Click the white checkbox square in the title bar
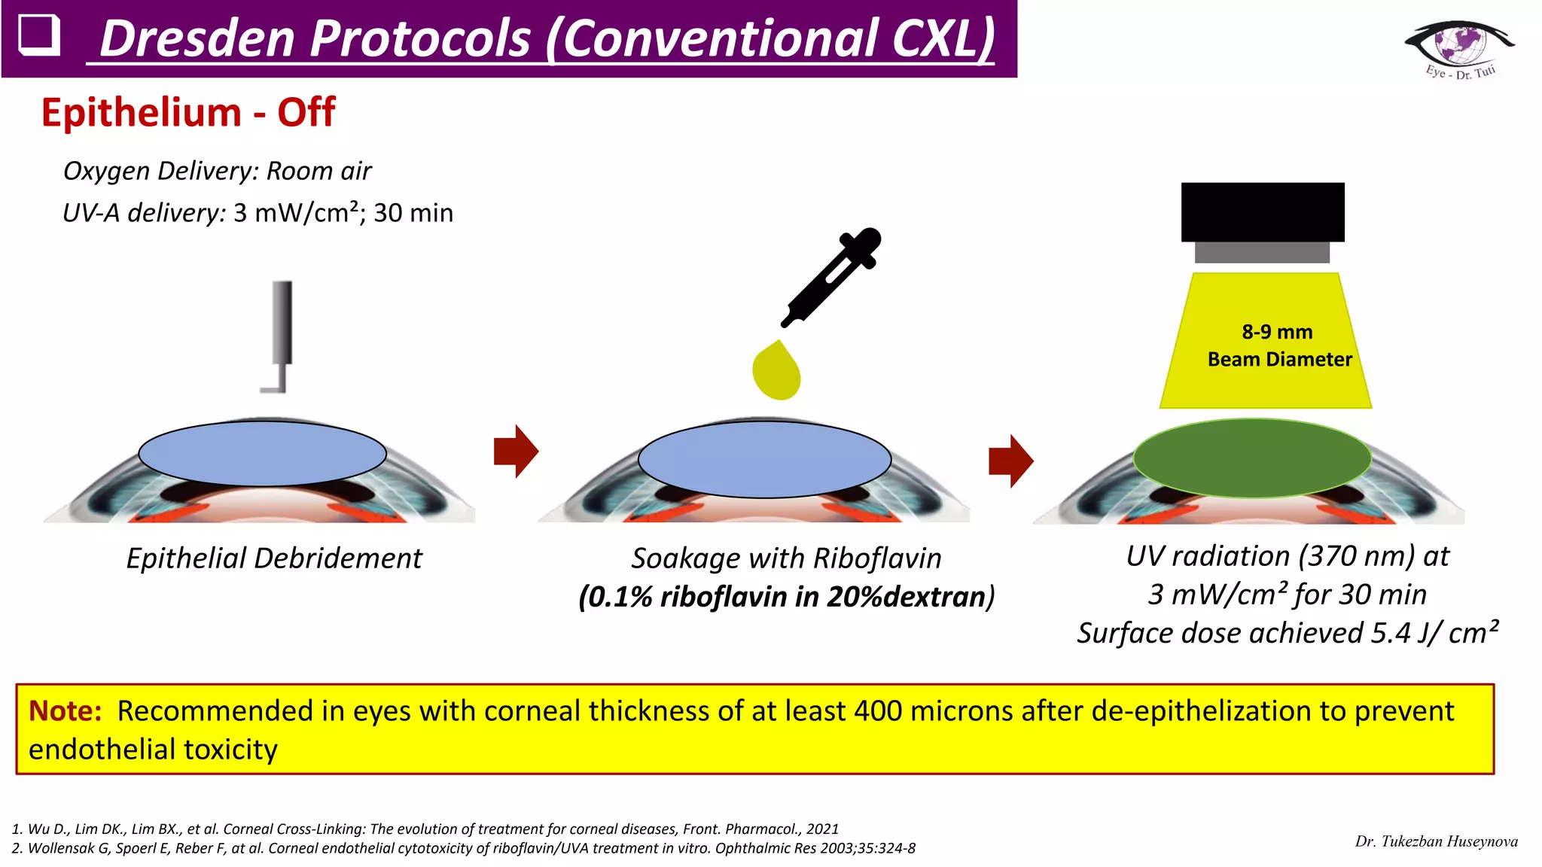[38, 35]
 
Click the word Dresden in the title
[199, 39]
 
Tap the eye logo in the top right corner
[1459, 47]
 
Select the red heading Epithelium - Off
[187, 113]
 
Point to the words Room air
[319, 172]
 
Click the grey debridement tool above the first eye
[281, 331]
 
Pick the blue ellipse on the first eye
[262, 453]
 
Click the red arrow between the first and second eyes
[516, 451]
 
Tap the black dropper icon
[832, 276]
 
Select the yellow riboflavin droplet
[776, 371]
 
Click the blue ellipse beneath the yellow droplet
[764, 459]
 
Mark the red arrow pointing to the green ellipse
[1010, 461]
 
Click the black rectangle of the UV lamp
[1263, 211]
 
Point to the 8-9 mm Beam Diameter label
[1278, 346]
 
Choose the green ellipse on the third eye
[1252, 458]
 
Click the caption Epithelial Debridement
[274, 558]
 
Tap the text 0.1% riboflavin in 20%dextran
[785, 598]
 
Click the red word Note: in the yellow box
[65, 711]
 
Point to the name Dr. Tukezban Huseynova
[1436, 841]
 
